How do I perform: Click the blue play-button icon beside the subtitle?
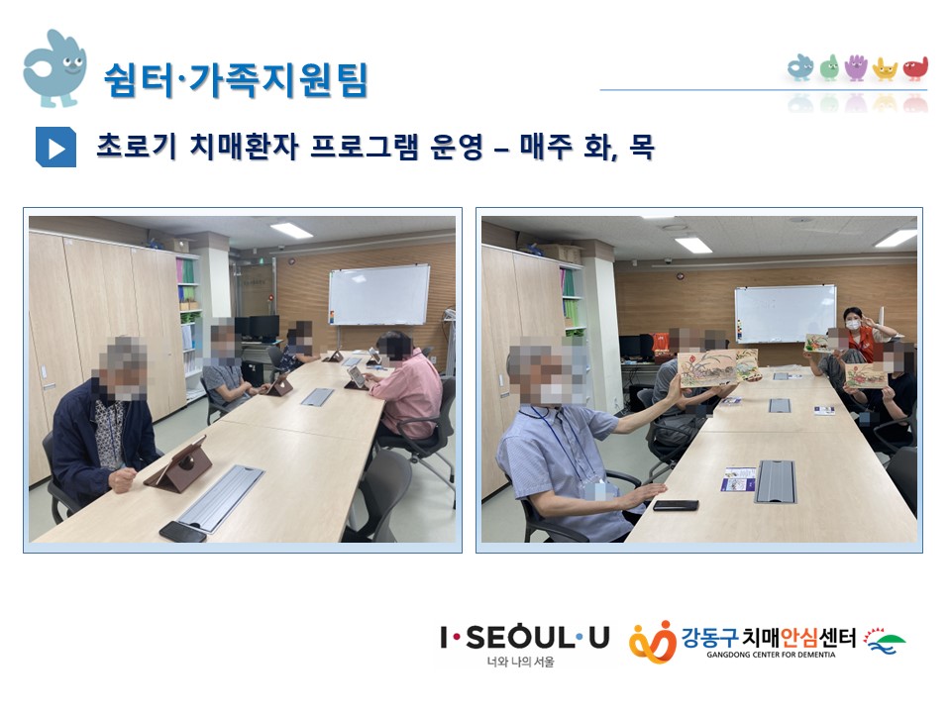coord(55,148)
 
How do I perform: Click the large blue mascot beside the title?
coord(54,68)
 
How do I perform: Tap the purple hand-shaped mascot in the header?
coord(856,67)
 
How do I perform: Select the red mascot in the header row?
coord(915,68)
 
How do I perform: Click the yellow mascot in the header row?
coord(885,69)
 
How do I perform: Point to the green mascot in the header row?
coord(829,67)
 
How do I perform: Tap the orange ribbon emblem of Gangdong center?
coord(652,642)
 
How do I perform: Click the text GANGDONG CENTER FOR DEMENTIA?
coord(771,655)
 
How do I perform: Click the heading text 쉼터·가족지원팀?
coord(236,79)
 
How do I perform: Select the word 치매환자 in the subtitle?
coord(244,147)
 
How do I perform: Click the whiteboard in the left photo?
coord(379,295)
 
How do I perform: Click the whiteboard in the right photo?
coord(786,313)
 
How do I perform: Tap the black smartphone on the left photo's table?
coord(182,531)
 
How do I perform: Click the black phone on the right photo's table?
coord(676,505)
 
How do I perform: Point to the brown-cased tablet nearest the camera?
coord(179,464)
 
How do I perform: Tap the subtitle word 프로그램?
coord(364,147)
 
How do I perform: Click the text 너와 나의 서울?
coord(520,662)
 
